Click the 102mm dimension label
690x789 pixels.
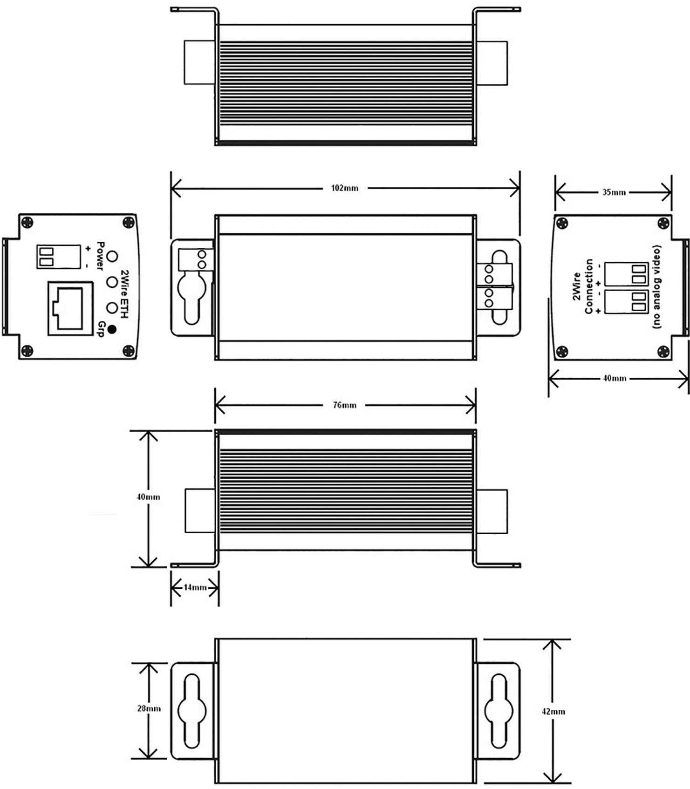345,188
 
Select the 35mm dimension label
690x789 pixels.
614,192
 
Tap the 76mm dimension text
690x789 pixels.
345,405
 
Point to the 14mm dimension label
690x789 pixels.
195,587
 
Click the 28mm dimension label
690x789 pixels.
149,708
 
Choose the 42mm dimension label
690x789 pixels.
553,712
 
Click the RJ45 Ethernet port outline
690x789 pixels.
70,308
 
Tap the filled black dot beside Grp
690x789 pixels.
111,329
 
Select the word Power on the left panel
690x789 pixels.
99,255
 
